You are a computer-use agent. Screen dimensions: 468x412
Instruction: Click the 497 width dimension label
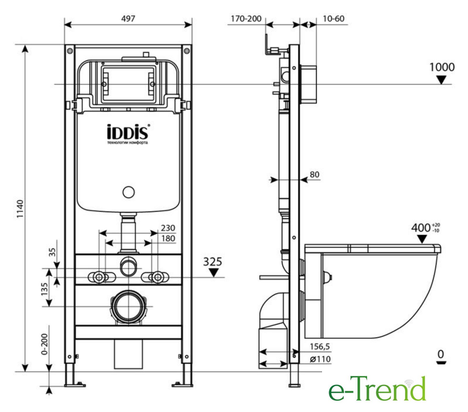[128, 19]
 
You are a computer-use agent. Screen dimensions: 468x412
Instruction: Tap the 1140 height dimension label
[20, 209]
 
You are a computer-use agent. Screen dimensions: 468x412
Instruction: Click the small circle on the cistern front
[129, 192]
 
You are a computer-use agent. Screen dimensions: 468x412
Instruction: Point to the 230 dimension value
[168, 228]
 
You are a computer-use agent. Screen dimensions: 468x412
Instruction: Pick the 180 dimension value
[168, 238]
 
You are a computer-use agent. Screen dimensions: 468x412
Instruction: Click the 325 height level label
[213, 262]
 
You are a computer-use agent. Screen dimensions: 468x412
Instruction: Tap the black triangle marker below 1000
[441, 80]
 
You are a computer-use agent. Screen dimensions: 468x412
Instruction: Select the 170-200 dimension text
[246, 19]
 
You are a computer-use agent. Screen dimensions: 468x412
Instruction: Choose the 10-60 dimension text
[334, 19]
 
